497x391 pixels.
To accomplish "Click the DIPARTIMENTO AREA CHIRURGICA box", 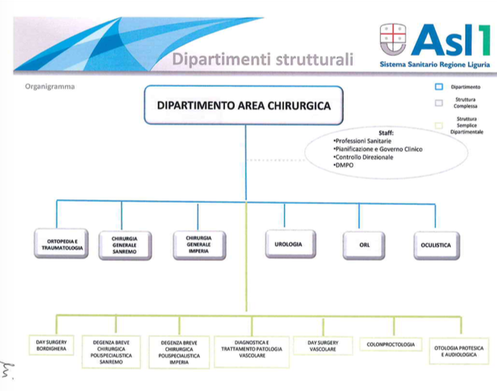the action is [x=243, y=105].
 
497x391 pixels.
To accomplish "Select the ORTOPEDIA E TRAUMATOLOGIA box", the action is [x=61, y=244].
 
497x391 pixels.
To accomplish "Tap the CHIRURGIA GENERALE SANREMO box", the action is [x=125, y=245].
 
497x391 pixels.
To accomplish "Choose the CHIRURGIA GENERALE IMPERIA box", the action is [x=199, y=245].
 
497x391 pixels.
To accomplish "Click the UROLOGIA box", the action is [x=290, y=244].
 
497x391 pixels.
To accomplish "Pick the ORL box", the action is [x=364, y=245].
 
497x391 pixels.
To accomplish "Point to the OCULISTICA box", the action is [x=437, y=245].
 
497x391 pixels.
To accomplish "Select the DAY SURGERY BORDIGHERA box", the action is [x=51, y=345].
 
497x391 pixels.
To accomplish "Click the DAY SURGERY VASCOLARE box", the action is [x=323, y=346].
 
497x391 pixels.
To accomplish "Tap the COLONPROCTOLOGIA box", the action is [x=390, y=344].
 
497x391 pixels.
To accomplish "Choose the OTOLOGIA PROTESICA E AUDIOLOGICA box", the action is [x=459, y=351].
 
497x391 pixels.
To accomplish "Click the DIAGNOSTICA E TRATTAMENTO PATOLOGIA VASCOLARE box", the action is [x=252, y=352].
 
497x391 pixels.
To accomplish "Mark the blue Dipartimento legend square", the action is [x=439, y=87].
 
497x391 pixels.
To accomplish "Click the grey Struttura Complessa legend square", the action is [x=439, y=103].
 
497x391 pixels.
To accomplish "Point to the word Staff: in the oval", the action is [x=386, y=133].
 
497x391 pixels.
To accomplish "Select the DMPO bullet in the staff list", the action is [x=343, y=165].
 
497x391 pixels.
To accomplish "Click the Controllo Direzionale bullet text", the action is [x=363, y=157].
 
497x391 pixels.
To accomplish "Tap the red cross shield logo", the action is [x=393, y=39].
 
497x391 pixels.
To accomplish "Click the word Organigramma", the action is [x=50, y=87].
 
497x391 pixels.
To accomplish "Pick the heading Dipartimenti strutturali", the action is [x=263, y=59].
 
